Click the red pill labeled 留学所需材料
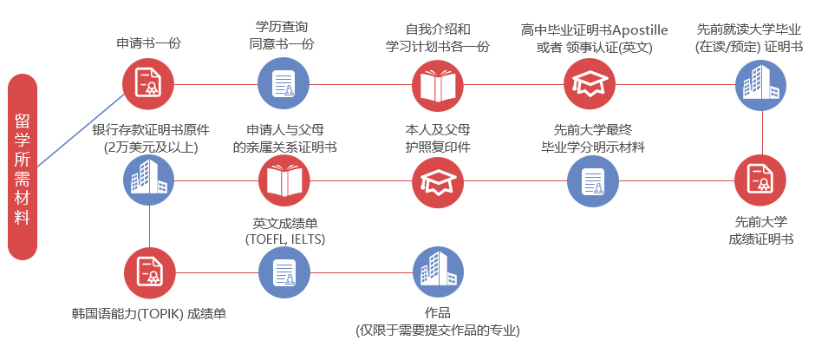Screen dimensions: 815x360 tap(23, 167)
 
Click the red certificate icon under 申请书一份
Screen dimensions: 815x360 tap(148, 84)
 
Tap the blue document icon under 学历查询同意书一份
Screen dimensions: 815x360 tap(284, 84)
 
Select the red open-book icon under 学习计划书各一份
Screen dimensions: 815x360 tap(438, 85)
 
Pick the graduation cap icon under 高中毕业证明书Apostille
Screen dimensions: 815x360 tap(590, 84)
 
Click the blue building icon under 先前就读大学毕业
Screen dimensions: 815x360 tap(760, 85)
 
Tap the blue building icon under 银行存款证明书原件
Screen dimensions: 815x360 tap(149, 180)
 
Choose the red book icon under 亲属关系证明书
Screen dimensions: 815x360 tap(284, 180)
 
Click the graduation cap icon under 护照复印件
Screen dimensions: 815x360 tap(438, 180)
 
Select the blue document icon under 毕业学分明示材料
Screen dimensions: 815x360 tap(592, 181)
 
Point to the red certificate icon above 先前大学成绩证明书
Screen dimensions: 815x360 tap(760, 180)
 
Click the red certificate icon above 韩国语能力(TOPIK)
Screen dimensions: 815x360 tap(150, 272)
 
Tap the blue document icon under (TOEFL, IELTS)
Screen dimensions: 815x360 tap(284, 272)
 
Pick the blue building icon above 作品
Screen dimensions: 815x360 tap(438, 272)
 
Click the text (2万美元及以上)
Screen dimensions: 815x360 tap(151, 147)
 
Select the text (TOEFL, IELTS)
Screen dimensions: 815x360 tap(285, 239)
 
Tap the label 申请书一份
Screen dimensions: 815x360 tap(148, 43)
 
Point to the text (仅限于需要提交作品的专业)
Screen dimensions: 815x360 tap(438, 331)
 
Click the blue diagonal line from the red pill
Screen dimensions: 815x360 tap(81, 131)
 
